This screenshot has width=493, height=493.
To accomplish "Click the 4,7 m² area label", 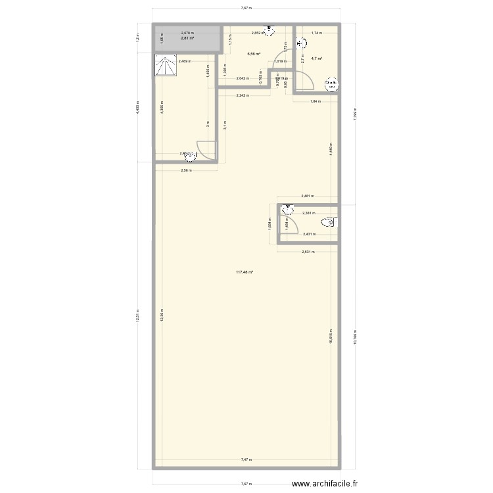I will coord(316,59).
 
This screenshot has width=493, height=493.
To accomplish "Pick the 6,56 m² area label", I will coord(253,55).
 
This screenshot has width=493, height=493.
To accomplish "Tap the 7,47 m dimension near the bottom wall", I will coord(246,460).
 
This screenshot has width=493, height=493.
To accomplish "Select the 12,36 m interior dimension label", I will coord(161,316).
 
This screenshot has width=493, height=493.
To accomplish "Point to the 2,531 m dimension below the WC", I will coord(308,252).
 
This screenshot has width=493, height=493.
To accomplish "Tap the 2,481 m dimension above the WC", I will coord(307,196).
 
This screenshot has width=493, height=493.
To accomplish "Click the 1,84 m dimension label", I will coord(316,101).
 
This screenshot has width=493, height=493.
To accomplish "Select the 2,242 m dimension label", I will coord(243,95).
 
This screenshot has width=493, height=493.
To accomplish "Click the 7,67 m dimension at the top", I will coord(246,9).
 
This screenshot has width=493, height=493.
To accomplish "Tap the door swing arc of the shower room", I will coord(206,151).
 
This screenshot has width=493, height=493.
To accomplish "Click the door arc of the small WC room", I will coord(287,224).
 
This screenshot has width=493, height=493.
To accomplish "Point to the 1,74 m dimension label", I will coord(317,32).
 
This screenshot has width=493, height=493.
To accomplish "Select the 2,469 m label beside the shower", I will coord(184,61).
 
